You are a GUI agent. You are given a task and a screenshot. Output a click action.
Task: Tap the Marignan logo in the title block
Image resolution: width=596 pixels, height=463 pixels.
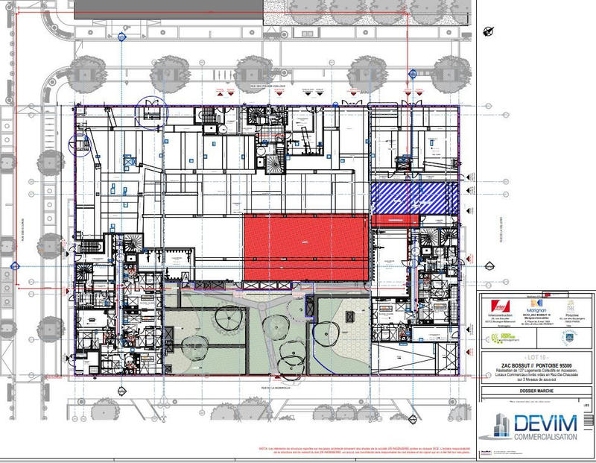click(532, 306)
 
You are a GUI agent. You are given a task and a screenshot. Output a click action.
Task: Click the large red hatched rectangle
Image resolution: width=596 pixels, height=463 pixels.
click(306, 247)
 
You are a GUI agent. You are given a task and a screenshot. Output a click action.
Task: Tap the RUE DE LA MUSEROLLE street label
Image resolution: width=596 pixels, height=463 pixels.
click(264, 388)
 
